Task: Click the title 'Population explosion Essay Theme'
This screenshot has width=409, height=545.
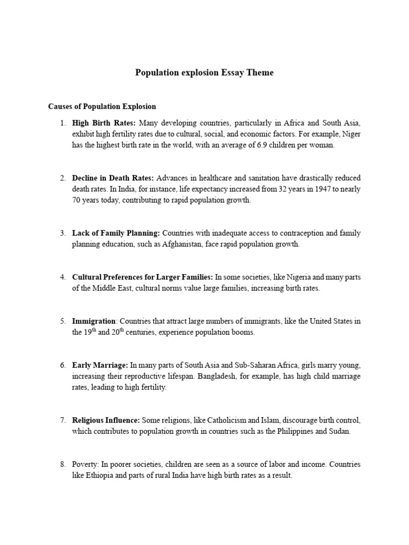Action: click(204, 73)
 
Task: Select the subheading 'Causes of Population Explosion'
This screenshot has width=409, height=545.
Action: click(102, 106)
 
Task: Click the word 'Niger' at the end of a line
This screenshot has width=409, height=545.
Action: click(350, 134)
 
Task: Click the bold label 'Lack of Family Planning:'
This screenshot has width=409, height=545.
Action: click(116, 233)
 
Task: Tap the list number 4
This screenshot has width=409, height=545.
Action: click(62, 277)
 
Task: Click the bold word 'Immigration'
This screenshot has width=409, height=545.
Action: click(94, 321)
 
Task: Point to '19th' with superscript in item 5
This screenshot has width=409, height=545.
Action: click(89, 332)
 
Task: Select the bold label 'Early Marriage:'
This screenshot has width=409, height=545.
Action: click(100, 365)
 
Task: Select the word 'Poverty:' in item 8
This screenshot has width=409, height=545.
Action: click(85, 464)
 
